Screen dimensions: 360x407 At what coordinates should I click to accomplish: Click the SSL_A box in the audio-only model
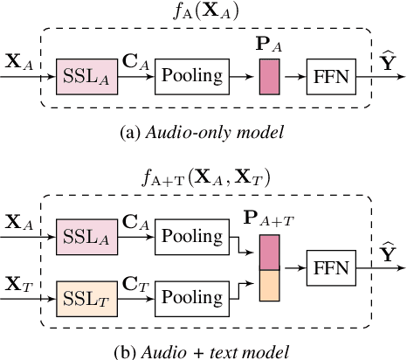pyautogui.click(x=86, y=77)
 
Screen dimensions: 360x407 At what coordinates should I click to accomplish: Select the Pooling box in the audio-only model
pyautogui.click(x=191, y=77)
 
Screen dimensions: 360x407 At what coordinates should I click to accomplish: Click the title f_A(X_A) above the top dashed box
pyautogui.click(x=203, y=12)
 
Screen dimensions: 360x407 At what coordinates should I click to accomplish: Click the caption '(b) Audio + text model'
pyautogui.click(x=203, y=351)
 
